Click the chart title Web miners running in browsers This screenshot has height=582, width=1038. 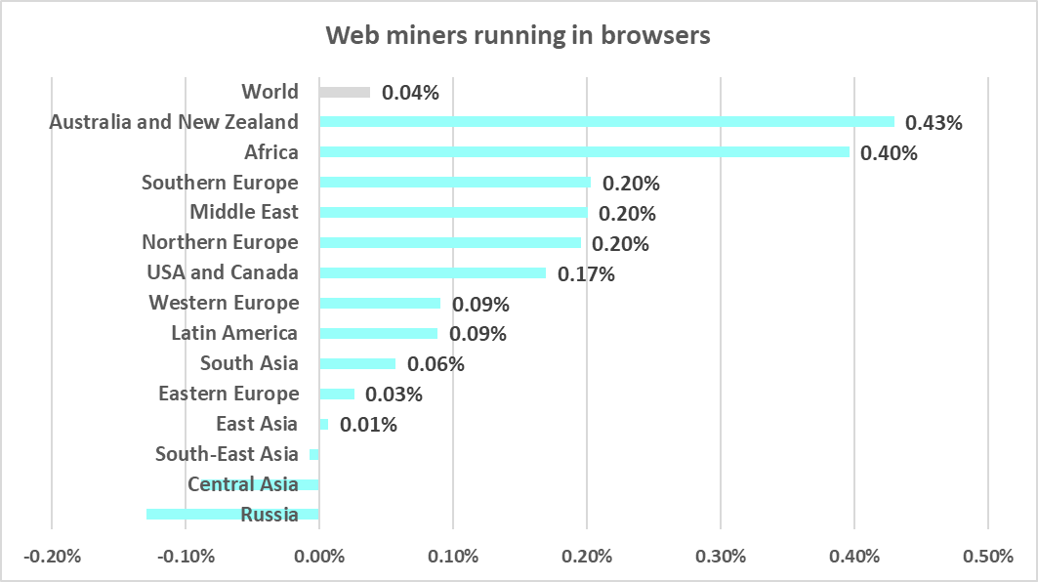click(519, 36)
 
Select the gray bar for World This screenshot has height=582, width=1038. click(345, 92)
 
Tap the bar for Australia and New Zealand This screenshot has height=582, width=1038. click(606, 122)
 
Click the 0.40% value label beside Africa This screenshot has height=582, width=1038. click(889, 153)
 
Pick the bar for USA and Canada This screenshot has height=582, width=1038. click(433, 272)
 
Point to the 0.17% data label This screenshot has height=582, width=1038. click(586, 274)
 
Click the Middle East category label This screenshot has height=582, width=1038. click(244, 212)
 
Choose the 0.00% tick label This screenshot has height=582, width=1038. click(318, 557)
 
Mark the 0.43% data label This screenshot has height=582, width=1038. click(934, 123)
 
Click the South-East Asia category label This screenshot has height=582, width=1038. click(227, 454)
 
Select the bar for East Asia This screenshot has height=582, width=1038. click(323, 424)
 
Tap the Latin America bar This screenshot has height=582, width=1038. click(378, 333)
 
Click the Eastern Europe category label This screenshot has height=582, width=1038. click(228, 394)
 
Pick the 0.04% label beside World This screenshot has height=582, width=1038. click(410, 94)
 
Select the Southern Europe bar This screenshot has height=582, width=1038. click(454, 183)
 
